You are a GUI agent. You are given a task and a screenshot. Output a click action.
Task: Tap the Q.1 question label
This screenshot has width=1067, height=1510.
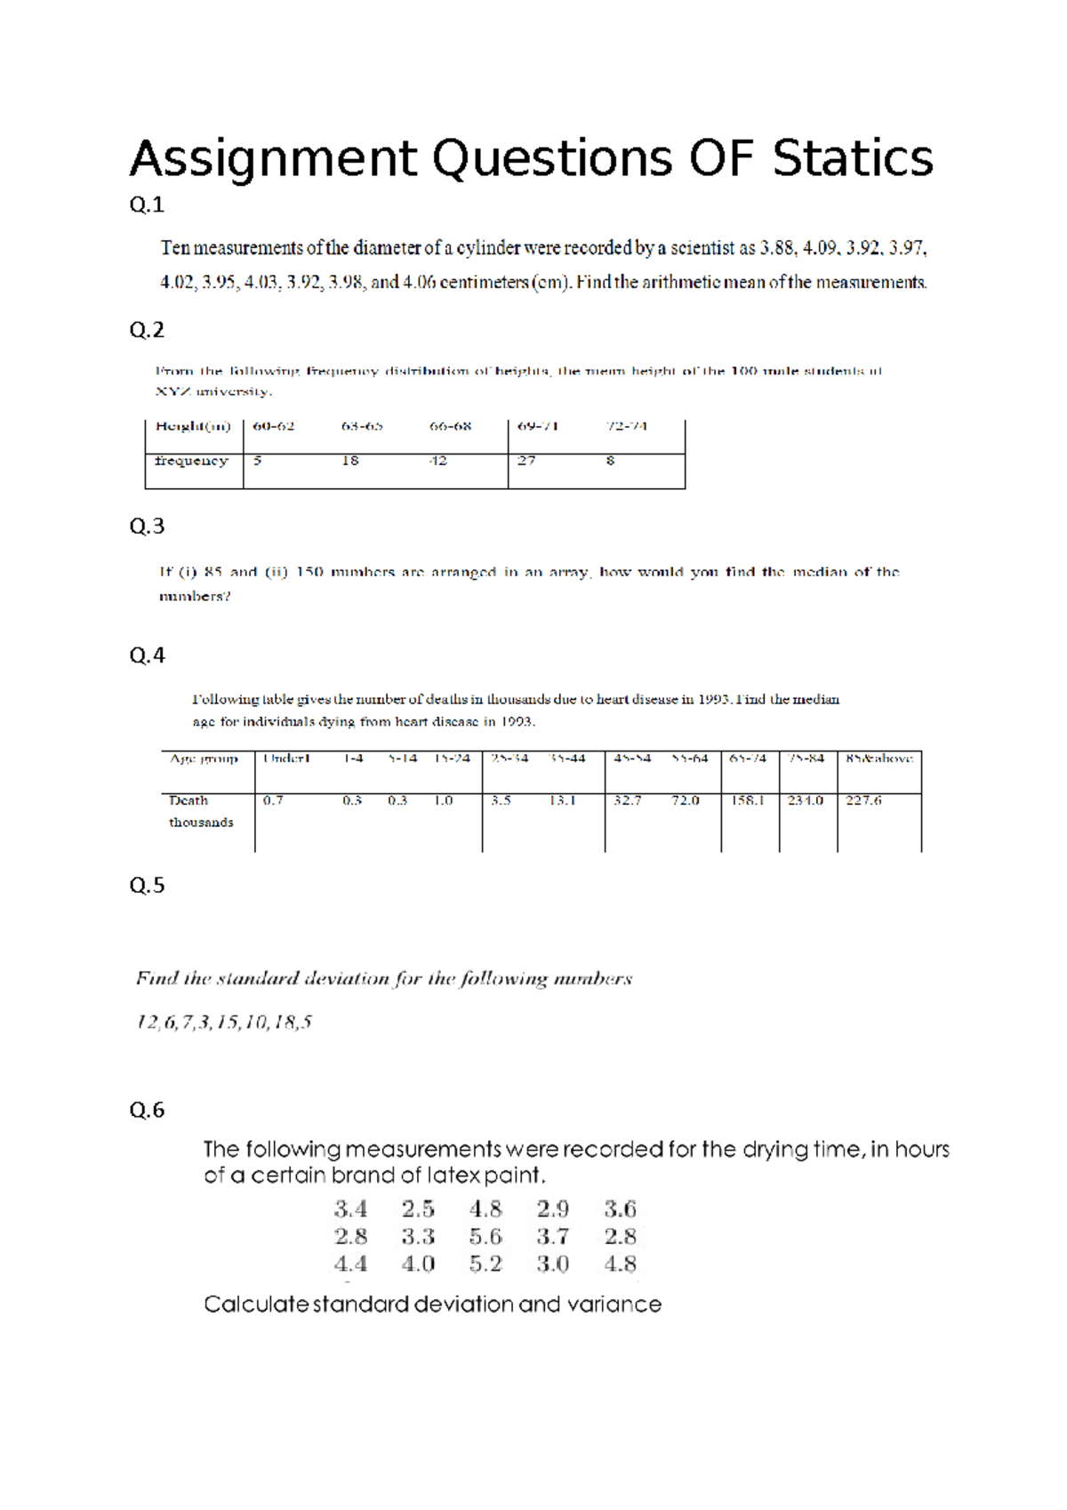pyautogui.click(x=147, y=205)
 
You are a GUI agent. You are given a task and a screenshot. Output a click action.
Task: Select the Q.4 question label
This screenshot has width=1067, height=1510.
pyautogui.click(x=147, y=655)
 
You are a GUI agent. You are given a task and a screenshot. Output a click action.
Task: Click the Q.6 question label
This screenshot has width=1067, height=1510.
pyautogui.click(x=147, y=1110)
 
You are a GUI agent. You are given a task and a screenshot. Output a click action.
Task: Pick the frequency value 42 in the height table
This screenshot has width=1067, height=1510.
pyautogui.click(x=438, y=461)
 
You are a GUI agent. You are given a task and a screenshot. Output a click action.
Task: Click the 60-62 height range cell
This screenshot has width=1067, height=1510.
pyautogui.click(x=273, y=426)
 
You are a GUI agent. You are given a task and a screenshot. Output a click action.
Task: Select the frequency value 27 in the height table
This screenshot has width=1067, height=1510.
pyautogui.click(x=526, y=461)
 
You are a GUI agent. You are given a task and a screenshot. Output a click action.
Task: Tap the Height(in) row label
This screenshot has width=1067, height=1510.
pyautogui.click(x=193, y=426)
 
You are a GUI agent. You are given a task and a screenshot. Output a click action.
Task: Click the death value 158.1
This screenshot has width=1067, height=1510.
pyautogui.click(x=748, y=800)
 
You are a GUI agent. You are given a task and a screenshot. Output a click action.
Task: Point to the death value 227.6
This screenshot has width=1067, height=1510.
pyautogui.click(x=863, y=800)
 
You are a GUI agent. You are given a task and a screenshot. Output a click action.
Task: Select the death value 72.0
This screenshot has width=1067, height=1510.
pyautogui.click(x=685, y=800)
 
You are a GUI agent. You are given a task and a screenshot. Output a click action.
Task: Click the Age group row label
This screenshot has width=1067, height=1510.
pyautogui.click(x=204, y=759)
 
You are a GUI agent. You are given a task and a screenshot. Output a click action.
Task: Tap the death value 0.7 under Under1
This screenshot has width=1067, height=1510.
pyautogui.click(x=273, y=800)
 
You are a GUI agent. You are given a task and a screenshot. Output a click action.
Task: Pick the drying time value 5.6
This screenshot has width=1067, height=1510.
pyautogui.click(x=485, y=1236)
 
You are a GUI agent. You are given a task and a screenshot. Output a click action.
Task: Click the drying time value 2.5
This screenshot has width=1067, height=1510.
pyautogui.click(x=418, y=1209)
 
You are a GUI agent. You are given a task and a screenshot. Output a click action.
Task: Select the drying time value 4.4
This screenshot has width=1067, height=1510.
pyautogui.click(x=350, y=1264)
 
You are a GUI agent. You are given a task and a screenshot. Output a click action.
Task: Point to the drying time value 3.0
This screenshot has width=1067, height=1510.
pyautogui.click(x=552, y=1264)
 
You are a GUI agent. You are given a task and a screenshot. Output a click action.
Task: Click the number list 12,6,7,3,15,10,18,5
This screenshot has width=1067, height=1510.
pyautogui.click(x=224, y=1022)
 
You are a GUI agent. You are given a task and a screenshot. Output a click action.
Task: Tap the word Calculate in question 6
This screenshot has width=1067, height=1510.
pyautogui.click(x=256, y=1305)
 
